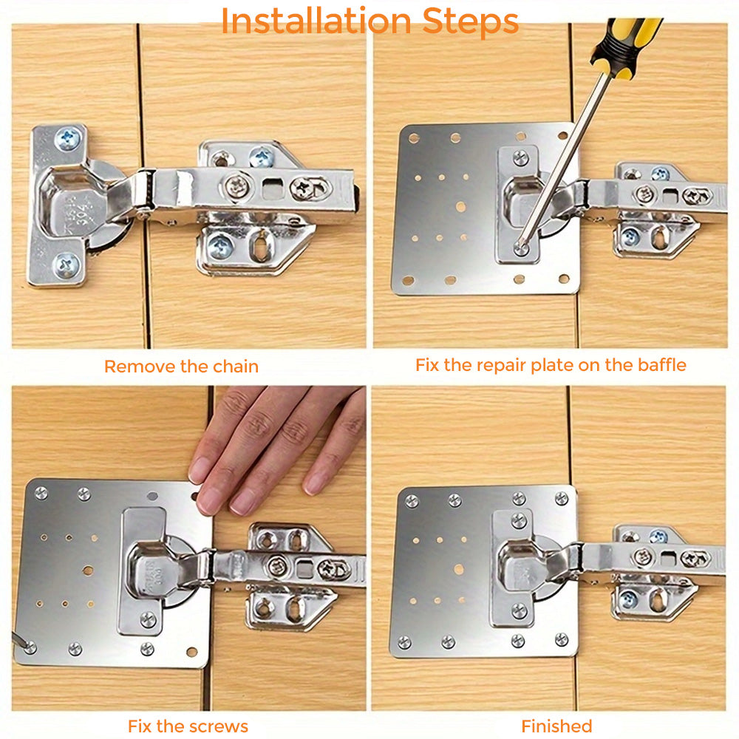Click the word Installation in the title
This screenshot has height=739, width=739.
click(311, 22)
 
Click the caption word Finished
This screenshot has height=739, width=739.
click(556, 726)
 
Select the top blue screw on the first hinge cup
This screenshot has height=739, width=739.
click(68, 138)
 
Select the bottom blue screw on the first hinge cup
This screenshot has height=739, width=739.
click(67, 263)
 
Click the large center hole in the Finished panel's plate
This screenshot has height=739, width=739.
click(459, 570)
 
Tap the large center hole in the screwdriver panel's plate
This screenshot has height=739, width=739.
click(460, 208)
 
